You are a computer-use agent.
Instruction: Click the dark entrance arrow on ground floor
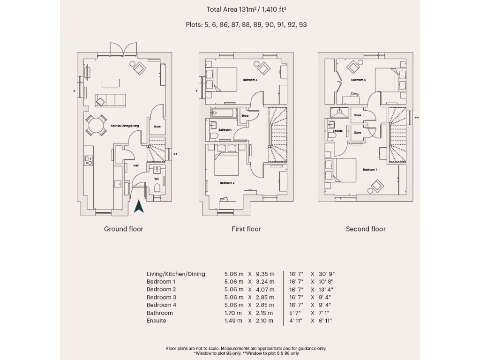139,206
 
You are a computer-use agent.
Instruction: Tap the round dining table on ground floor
96,125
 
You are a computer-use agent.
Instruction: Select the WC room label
157,179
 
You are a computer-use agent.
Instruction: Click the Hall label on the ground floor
136,165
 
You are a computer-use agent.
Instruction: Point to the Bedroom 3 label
249,80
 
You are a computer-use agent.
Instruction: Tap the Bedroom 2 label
227,183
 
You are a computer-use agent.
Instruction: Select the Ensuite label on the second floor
338,131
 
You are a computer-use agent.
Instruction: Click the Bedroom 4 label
359,80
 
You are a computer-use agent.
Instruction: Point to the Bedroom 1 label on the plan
369,169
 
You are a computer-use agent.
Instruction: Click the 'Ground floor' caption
123,229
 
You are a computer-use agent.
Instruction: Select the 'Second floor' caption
366,229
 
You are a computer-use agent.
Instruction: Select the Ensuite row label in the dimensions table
157,321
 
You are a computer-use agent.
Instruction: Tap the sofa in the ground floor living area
110,100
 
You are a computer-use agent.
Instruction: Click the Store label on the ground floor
157,127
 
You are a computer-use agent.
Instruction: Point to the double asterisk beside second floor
417,118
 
